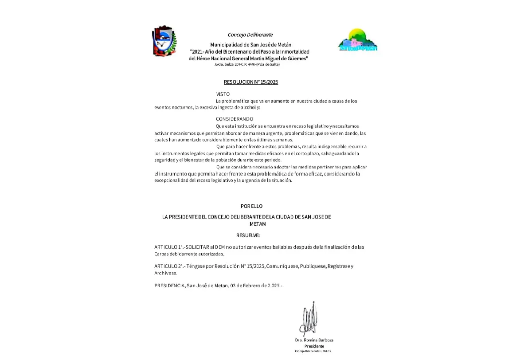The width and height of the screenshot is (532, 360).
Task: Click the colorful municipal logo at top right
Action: click(x=357, y=41)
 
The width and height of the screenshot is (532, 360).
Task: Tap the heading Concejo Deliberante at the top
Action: click(x=250, y=35)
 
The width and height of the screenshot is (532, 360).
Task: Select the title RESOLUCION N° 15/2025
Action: click(x=250, y=82)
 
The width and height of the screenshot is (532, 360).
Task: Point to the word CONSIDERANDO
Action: click(x=234, y=119)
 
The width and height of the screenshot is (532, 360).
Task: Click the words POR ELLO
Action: click(x=251, y=206)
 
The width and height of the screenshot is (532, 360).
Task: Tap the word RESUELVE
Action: click(x=248, y=235)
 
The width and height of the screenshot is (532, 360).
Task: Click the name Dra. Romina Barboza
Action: click(x=314, y=340)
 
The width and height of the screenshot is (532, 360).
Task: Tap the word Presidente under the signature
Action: click(x=314, y=346)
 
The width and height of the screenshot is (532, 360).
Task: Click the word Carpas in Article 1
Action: click(x=161, y=254)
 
